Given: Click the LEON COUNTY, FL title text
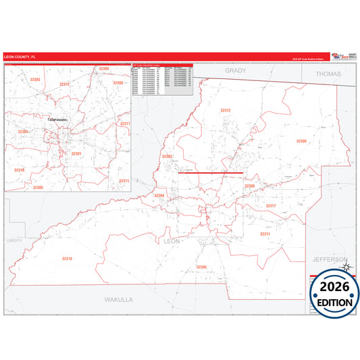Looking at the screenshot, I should click(x=20, y=57).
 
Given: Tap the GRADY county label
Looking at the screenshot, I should click(x=236, y=70).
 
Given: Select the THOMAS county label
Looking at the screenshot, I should click(x=329, y=74).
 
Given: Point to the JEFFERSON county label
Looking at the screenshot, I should click(x=329, y=259).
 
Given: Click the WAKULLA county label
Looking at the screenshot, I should click(x=119, y=299).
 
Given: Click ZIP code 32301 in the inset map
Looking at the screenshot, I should click(x=76, y=153).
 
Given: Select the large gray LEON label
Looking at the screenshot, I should click(x=172, y=240).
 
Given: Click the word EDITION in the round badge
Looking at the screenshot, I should click(x=334, y=302).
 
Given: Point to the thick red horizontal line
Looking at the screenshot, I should click(x=210, y=173).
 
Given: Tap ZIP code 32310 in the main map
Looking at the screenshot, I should click(x=67, y=258).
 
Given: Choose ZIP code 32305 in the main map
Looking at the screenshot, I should click(x=201, y=267).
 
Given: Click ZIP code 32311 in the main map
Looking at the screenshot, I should click(x=265, y=234).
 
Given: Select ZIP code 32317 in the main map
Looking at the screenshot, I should click(x=270, y=205).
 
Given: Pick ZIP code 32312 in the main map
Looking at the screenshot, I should click(x=226, y=110).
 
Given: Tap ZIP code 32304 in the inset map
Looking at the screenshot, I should click(x=23, y=131).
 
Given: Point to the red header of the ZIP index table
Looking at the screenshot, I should click(x=162, y=66).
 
